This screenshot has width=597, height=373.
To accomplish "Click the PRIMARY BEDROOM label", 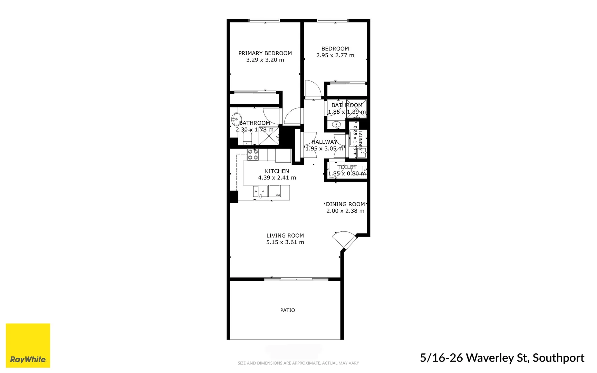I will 265,53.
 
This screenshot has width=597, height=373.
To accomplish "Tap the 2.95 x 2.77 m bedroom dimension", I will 335,55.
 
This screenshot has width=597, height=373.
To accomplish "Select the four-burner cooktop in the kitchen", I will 253,154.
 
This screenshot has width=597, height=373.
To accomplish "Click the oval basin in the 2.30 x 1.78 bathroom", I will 236,119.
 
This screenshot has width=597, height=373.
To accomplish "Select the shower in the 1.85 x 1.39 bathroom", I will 357,108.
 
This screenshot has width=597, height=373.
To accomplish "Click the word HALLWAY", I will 324,142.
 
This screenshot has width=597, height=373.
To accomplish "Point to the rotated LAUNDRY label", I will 360,140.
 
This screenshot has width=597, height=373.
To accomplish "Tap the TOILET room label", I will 347,167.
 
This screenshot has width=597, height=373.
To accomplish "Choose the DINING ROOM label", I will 345,204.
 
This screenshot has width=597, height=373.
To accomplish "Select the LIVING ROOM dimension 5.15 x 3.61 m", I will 285,242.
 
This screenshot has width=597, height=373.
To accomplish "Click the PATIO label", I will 287,310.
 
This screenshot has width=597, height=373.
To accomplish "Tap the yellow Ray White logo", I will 28,345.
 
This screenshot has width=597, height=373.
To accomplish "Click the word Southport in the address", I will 558,358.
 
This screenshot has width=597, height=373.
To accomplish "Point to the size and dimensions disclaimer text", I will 298,363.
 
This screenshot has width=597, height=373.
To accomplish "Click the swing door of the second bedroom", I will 312,89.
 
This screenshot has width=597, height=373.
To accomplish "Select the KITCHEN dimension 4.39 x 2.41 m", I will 277,178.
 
